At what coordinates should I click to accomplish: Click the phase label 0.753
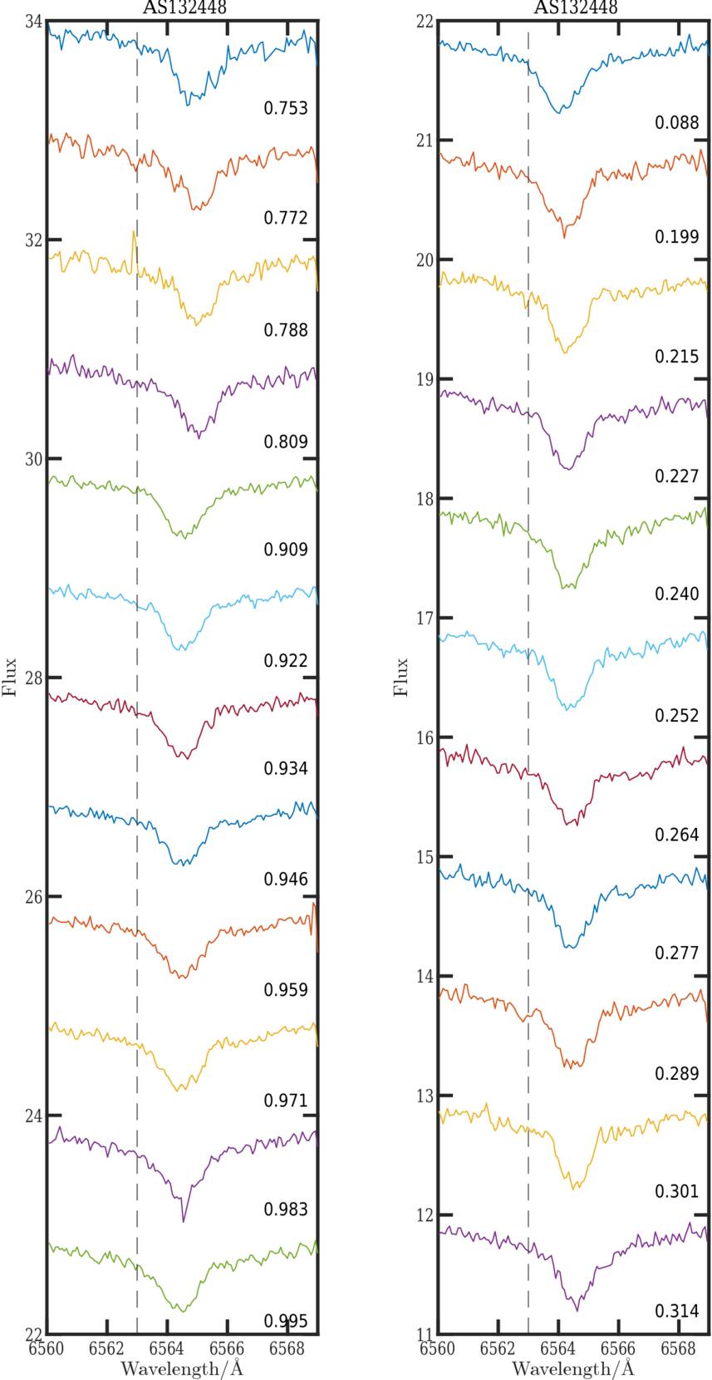[x=286, y=108]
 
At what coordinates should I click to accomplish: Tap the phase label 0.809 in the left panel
[x=286, y=441]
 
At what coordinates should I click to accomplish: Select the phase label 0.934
[x=286, y=768]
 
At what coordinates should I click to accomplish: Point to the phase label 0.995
[x=286, y=1321]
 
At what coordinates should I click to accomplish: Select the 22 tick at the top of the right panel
[x=425, y=21]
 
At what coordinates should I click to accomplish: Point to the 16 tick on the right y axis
[x=425, y=737]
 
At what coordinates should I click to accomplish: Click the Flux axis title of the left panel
[x=10, y=678]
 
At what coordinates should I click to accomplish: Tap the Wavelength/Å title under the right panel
[x=573, y=1368]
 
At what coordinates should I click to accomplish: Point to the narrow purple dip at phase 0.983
[x=184, y=1219]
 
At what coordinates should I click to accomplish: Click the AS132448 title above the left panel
[x=182, y=7]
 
